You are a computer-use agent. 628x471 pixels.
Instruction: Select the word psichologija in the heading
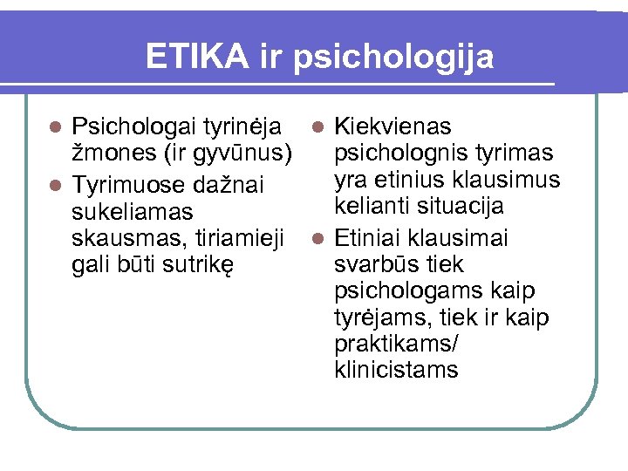pyautogui.click(x=394, y=58)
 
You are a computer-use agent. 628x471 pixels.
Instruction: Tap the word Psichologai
pyautogui.click(x=133, y=127)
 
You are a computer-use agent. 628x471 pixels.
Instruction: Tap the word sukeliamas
pyautogui.click(x=132, y=212)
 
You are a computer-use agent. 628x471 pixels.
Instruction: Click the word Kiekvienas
pyautogui.click(x=392, y=127)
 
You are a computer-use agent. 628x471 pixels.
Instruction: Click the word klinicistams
pyautogui.click(x=395, y=370)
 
